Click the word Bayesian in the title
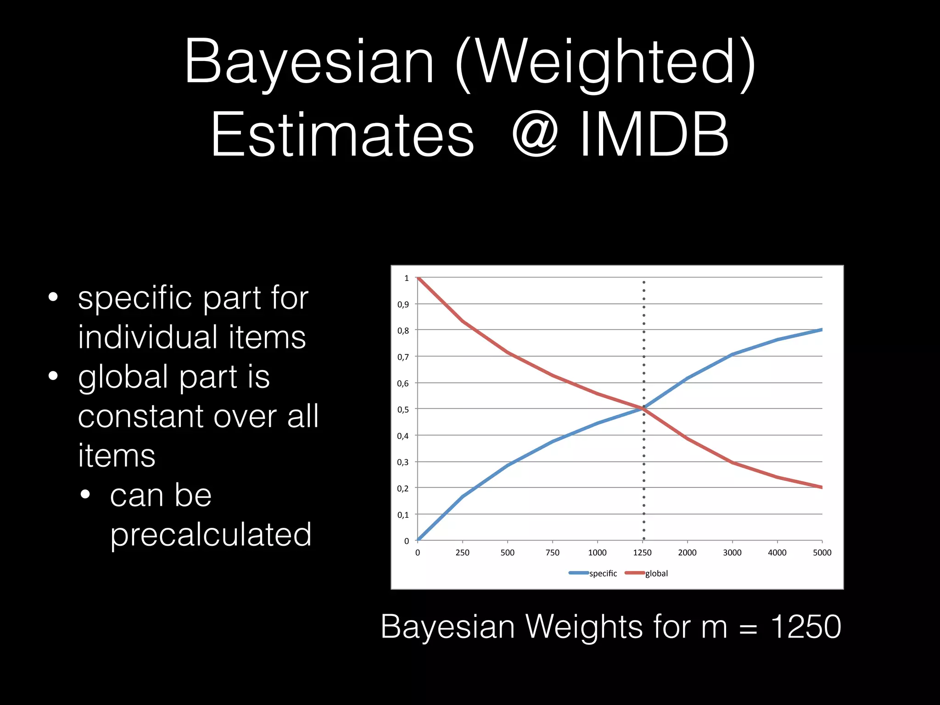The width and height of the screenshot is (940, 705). pyautogui.click(x=308, y=62)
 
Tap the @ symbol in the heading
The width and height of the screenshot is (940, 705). pyautogui.click(x=535, y=134)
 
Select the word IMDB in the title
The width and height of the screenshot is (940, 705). pyautogui.click(x=654, y=134)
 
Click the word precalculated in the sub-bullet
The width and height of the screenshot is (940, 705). pyautogui.click(x=211, y=535)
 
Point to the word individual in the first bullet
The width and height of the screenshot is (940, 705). pyautogui.click(x=147, y=337)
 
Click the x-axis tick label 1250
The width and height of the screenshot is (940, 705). pyautogui.click(x=642, y=553)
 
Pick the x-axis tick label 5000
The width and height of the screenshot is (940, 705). pyautogui.click(x=822, y=553)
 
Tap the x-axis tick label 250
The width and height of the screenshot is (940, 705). pyautogui.click(x=462, y=553)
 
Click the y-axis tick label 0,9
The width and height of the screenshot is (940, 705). pyautogui.click(x=403, y=304)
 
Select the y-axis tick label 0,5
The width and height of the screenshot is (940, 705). pyautogui.click(x=403, y=409)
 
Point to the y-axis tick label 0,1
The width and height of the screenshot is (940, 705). pyautogui.click(x=403, y=515)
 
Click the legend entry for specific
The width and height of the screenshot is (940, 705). pyautogui.click(x=603, y=573)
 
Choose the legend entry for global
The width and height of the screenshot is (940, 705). pyautogui.click(x=656, y=573)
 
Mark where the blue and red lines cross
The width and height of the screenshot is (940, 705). pyautogui.click(x=643, y=408)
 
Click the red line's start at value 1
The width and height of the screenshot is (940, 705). pyautogui.click(x=418, y=278)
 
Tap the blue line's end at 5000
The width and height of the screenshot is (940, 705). pyautogui.click(x=821, y=330)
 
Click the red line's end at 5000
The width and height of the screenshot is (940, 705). pyautogui.click(x=821, y=487)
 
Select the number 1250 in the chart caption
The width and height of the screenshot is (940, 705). pyautogui.click(x=806, y=627)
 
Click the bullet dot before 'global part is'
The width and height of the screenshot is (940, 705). pyautogui.click(x=53, y=376)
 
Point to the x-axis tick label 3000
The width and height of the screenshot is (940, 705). pyautogui.click(x=732, y=553)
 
